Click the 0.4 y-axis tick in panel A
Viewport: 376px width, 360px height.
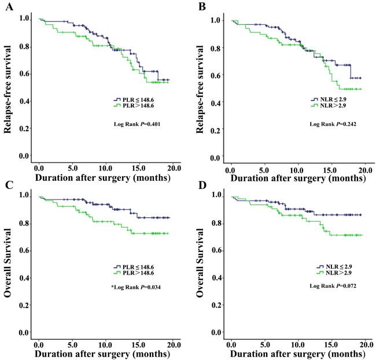(24, 102)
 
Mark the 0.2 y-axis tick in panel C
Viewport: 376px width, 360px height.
(24, 305)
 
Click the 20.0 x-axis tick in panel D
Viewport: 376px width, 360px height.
(365, 344)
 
